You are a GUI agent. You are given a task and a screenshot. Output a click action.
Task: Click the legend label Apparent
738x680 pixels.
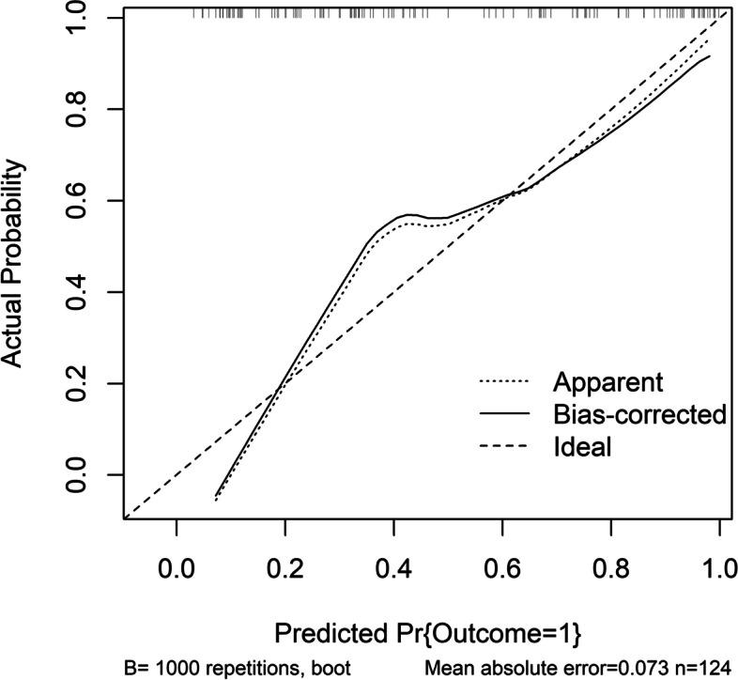click(608, 382)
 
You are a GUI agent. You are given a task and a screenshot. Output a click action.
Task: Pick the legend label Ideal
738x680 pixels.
click(582, 447)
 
